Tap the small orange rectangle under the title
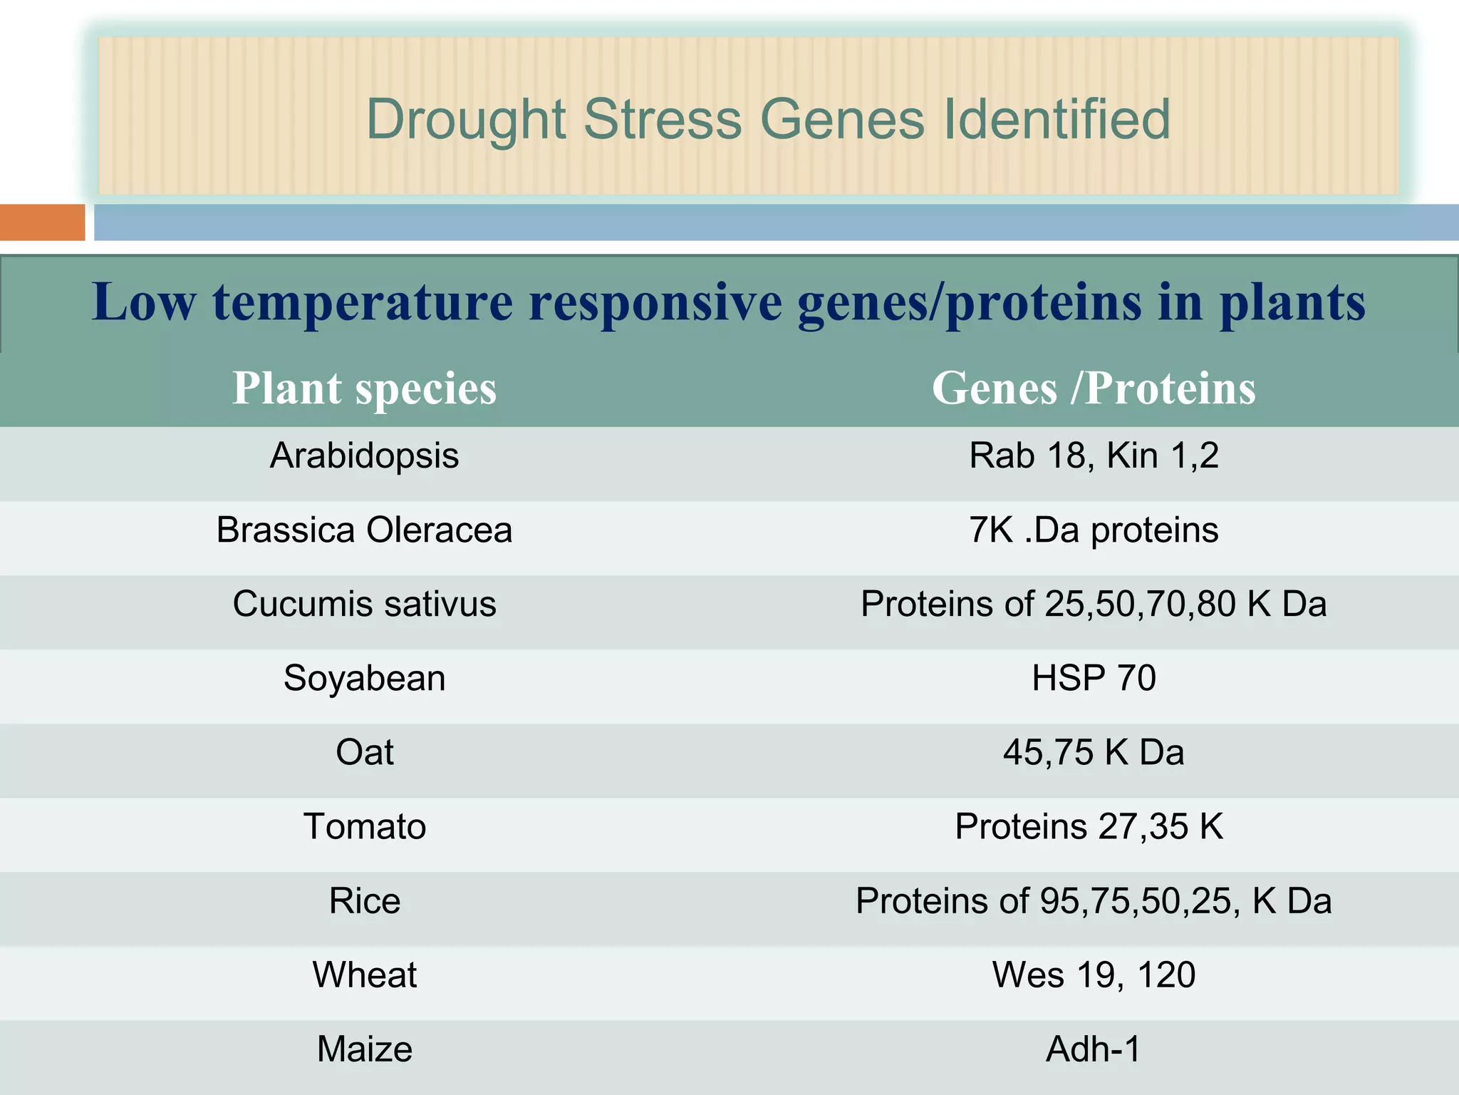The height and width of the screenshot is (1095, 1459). [42, 222]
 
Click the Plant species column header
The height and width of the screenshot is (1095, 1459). [364, 389]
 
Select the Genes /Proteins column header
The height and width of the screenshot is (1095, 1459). [1094, 389]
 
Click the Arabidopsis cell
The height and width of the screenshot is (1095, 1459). [364, 456]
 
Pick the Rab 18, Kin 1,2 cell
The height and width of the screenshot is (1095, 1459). [1094, 456]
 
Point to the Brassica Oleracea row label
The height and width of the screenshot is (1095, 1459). [364, 530]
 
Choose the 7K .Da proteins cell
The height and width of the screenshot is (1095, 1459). [1094, 530]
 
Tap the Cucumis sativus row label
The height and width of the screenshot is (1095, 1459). [364, 604]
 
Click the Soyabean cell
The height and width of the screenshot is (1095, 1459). [364, 678]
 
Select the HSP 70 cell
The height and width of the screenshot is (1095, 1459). [1094, 678]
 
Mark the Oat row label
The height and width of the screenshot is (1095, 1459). [364, 752]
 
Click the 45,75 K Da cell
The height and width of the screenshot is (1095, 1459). [1094, 752]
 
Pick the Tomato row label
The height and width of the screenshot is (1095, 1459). [364, 826]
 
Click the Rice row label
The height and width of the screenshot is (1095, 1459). [364, 900]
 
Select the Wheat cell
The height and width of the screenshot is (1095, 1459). [364, 975]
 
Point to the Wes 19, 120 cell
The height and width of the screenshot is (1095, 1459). [1094, 975]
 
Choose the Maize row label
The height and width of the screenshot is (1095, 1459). [364, 1049]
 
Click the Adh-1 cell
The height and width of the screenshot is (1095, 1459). [1094, 1049]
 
